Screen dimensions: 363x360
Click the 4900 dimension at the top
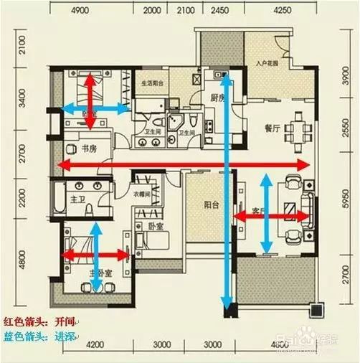[x=80, y=11]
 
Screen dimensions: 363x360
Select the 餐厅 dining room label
[x=272, y=129]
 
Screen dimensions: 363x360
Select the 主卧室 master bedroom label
[x=100, y=273]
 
